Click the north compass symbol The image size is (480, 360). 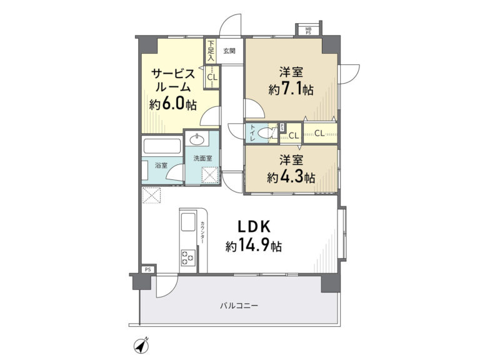141,346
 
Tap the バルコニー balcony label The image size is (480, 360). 239,306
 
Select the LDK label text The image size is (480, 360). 254,227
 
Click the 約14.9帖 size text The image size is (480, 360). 254,245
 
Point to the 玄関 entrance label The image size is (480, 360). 229,51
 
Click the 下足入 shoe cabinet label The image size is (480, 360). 210,50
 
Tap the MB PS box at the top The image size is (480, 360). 308,31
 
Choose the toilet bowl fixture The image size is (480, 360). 265,133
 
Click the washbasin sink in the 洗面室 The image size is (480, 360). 197,140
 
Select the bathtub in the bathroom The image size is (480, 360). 162,147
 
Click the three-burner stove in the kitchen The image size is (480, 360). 188,257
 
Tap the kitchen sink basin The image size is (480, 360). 188,222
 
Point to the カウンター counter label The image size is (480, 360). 202,232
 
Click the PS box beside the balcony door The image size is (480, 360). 148,270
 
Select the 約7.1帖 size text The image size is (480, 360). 291,89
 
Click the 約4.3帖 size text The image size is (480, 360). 291,177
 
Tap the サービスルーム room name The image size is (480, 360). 173,80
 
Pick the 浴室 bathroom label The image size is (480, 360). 161,166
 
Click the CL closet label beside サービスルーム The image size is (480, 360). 212,77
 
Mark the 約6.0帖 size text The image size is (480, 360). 173,105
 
